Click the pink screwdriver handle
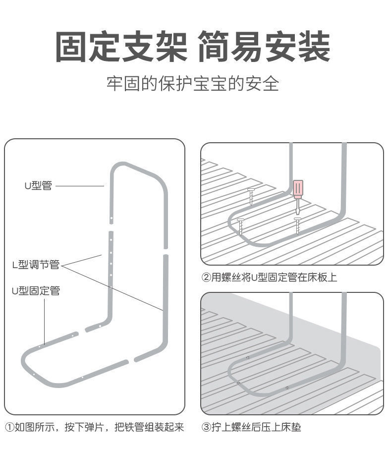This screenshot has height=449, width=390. pos(297,189)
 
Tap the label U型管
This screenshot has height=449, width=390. pos(38,186)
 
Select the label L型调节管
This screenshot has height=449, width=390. pos(36,265)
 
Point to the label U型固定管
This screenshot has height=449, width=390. pos(36,291)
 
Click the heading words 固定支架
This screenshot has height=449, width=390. pos(121,47)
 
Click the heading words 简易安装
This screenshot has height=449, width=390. pos(264,47)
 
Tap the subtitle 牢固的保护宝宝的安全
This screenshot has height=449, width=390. pos(193,83)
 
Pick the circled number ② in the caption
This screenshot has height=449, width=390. pos(206,278)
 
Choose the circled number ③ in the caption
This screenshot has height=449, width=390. pos(206,427)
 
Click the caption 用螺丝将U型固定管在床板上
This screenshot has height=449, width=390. pos(274,278)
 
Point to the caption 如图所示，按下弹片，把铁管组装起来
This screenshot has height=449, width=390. pos(99,427)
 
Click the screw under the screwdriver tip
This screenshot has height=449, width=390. pos(297,225)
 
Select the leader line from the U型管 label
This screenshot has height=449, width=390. pos(79,186)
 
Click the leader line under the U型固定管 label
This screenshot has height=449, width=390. pos(44,320)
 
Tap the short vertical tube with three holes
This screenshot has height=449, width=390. pos(111,254)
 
